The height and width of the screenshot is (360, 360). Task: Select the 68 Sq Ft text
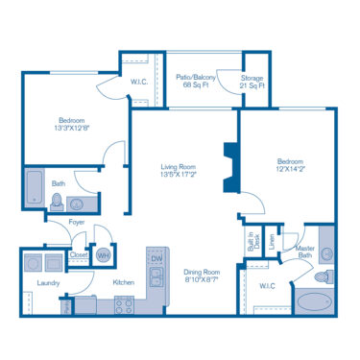(x=198, y=84)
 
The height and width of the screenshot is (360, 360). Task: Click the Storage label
(x=252, y=76)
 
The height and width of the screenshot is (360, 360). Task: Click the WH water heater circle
(x=104, y=255)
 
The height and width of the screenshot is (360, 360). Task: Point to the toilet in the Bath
(x=58, y=202)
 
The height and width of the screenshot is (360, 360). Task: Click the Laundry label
(x=49, y=283)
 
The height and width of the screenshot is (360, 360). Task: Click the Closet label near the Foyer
(x=79, y=255)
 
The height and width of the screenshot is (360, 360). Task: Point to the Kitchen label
(x=123, y=282)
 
